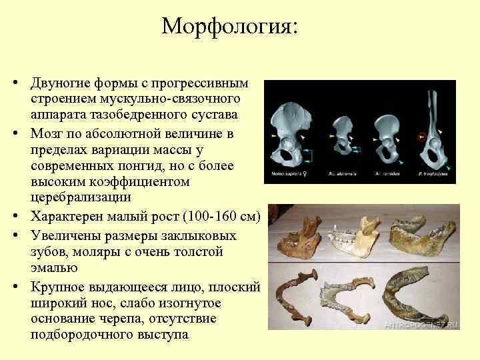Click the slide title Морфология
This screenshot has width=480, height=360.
[x=230, y=27]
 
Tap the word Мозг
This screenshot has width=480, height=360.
[x=46, y=133]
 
